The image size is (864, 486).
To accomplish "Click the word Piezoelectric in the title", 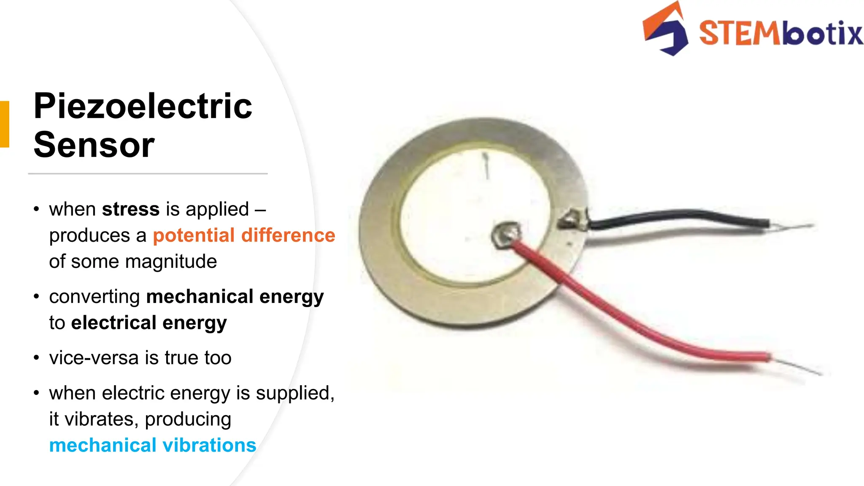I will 143,106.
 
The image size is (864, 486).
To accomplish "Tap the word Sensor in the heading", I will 94,145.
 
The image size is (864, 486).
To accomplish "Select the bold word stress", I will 131,209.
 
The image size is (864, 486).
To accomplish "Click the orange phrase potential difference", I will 244,235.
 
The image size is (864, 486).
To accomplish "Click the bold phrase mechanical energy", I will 235,297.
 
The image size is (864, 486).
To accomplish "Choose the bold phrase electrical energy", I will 149,323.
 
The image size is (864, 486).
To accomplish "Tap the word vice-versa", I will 94,358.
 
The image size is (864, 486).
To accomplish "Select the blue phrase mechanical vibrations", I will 153,445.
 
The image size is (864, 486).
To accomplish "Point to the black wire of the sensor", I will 675,216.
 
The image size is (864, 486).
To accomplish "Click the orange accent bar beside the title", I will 4,124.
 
